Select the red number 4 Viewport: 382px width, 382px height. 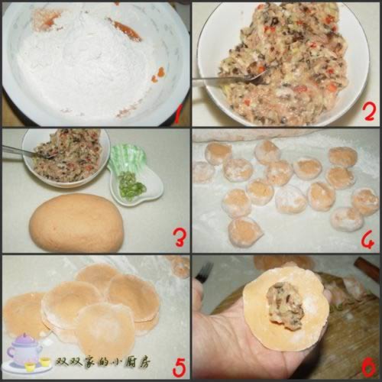point(367,239)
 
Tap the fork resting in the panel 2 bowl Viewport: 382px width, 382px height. point(222,78)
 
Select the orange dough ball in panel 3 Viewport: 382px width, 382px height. point(76,222)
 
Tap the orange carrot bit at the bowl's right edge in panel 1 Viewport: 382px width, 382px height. point(159,74)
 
